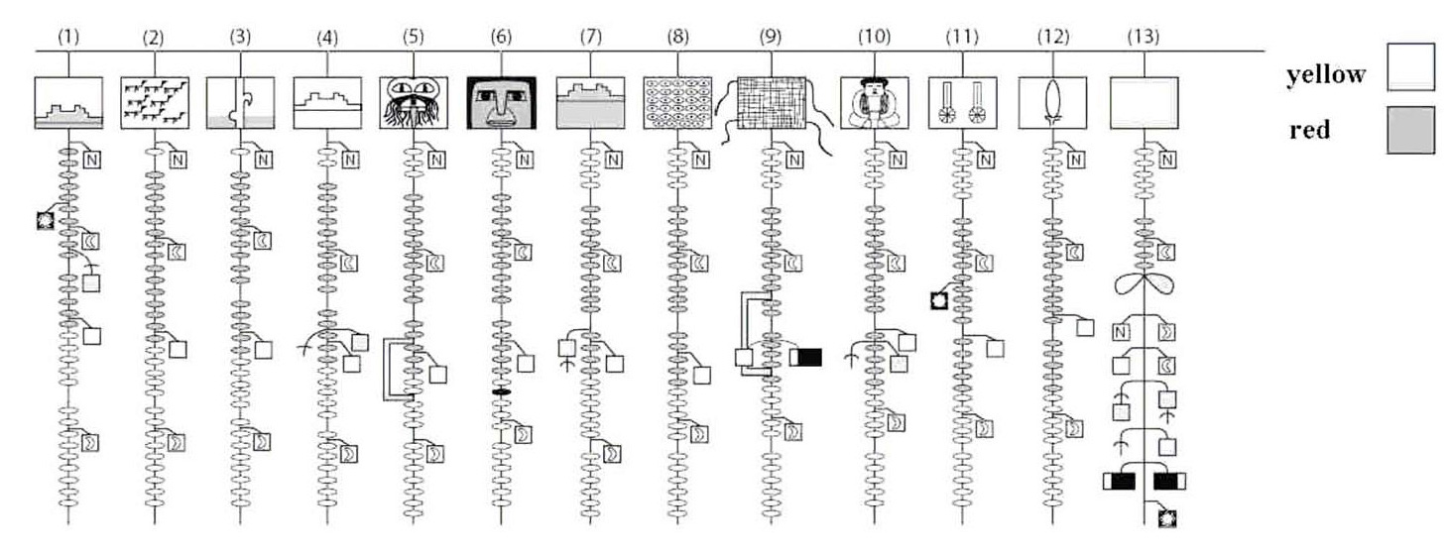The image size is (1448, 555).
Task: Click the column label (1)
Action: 67,37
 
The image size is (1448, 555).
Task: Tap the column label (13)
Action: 1143,37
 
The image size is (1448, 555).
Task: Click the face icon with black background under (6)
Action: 501,102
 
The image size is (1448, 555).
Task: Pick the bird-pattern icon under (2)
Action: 153,102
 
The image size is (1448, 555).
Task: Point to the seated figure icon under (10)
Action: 874,103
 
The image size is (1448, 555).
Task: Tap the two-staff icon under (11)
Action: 961,102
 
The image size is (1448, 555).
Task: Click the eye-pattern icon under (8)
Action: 676,102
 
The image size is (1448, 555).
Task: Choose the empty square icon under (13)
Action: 1144,102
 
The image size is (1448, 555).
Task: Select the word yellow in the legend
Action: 1325,75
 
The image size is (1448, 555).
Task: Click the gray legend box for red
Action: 1412,132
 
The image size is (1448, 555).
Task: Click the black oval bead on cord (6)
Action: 501,393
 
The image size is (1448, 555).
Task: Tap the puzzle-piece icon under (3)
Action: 240,102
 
